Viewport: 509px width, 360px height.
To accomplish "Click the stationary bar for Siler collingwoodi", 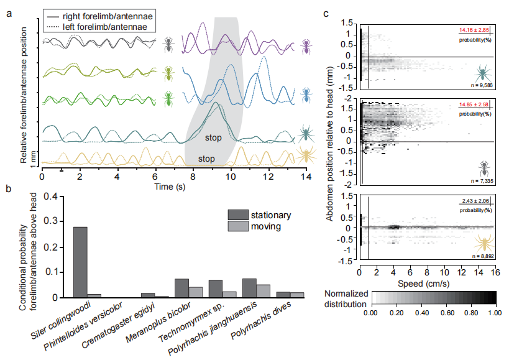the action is pyautogui.click(x=81, y=262).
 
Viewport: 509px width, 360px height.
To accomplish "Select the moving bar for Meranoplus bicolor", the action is pyautogui.click(x=195, y=292).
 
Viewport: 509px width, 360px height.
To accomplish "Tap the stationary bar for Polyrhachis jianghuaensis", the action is pyautogui.click(x=249, y=288).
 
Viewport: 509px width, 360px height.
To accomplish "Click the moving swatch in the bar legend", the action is pyautogui.click(x=238, y=226).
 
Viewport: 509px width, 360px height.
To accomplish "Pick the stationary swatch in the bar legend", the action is pyautogui.click(x=238, y=215).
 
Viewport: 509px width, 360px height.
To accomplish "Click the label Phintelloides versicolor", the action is pyautogui.click(x=83, y=326).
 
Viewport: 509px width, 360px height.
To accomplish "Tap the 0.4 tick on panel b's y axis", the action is pyautogui.click(x=50, y=196).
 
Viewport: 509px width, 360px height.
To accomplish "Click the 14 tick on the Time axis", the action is pyautogui.click(x=306, y=177).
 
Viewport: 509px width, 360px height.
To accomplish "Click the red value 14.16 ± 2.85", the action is pyautogui.click(x=474, y=30).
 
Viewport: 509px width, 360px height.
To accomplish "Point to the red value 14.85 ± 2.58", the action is pyautogui.click(x=474, y=104).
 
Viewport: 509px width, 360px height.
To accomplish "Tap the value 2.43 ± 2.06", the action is pyautogui.click(x=475, y=201).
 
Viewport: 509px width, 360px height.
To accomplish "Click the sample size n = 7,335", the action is pyautogui.click(x=482, y=181).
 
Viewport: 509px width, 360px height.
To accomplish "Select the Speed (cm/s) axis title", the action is pyautogui.click(x=424, y=284).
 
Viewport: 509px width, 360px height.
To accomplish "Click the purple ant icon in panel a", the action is pyautogui.click(x=306, y=47).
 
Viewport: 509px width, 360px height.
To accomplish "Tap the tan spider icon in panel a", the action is pyautogui.click(x=306, y=155).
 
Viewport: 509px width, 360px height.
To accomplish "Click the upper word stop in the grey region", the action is pyautogui.click(x=213, y=137).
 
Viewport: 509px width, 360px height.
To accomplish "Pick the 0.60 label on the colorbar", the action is pyautogui.click(x=446, y=313).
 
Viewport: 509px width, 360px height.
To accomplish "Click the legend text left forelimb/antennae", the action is pyautogui.click(x=105, y=27).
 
